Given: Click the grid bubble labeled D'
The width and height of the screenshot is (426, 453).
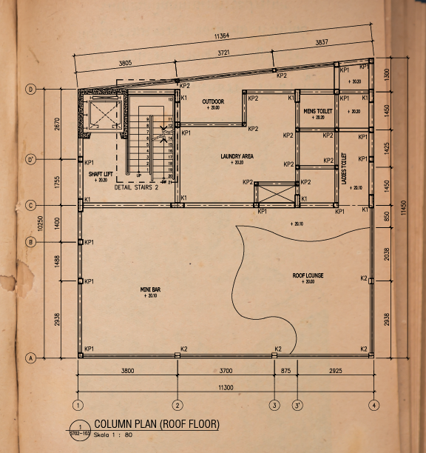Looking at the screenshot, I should (x=31, y=159).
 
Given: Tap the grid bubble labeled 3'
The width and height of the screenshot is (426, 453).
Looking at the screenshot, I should (x=297, y=405).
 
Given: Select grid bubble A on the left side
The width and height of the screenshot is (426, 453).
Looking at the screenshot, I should (x=31, y=358).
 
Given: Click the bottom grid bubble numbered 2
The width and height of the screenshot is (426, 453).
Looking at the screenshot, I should (x=177, y=405).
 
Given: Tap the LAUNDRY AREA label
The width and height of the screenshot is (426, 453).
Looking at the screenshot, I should (x=237, y=156).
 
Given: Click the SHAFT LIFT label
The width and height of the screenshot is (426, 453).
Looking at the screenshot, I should (x=100, y=173).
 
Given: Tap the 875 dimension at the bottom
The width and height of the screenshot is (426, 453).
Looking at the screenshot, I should (x=285, y=371).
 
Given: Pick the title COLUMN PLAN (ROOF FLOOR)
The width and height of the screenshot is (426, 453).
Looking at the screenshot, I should (x=157, y=424).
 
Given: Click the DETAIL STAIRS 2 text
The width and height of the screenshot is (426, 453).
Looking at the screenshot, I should (x=136, y=187).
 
